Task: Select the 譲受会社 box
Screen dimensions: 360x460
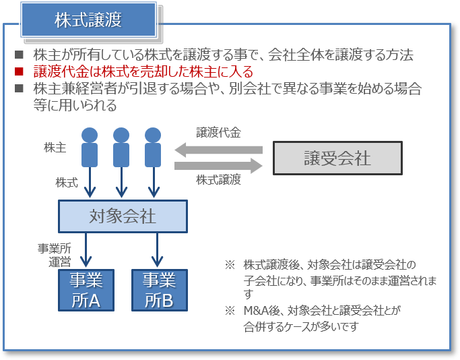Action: point(337,158)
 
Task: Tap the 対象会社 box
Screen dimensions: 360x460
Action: point(123,216)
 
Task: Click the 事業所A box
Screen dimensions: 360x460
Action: point(86,290)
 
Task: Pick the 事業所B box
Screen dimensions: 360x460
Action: point(159,290)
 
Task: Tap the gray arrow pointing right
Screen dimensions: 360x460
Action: point(218,165)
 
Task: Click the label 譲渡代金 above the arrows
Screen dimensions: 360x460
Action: point(219,132)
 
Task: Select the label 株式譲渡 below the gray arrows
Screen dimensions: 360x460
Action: point(219,181)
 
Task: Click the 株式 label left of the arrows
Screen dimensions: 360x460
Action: point(67,182)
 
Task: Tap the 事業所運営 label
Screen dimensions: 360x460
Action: point(55,255)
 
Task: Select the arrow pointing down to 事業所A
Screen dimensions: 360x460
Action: point(86,250)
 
